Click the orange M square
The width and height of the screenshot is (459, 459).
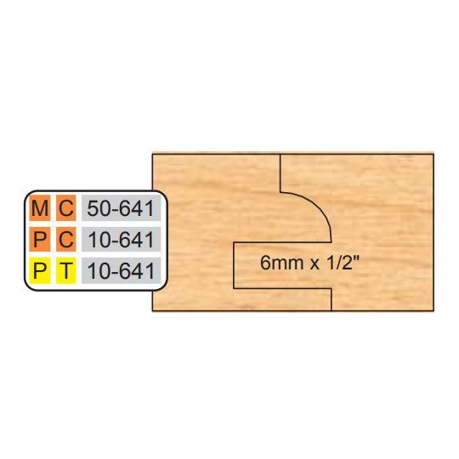[x=40, y=208]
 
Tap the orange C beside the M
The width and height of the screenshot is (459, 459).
[x=66, y=208]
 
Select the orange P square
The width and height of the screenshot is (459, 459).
[x=40, y=239]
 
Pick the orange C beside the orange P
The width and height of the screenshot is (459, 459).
[x=66, y=239]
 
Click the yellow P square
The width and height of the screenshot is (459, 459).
[x=40, y=270]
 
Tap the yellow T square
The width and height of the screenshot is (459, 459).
[x=66, y=270]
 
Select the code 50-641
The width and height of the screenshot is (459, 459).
[x=121, y=208]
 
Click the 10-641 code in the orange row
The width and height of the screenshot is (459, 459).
[x=121, y=240]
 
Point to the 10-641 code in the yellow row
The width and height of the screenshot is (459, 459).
[x=121, y=271]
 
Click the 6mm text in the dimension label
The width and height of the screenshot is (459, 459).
[x=281, y=263]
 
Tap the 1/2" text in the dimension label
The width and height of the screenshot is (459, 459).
[x=343, y=262]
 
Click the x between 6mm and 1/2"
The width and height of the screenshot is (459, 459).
[x=314, y=264]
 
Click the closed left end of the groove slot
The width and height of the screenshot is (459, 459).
[x=234, y=265]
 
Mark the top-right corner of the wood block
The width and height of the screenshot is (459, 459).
[x=433, y=154]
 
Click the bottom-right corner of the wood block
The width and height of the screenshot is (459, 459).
[x=433, y=310]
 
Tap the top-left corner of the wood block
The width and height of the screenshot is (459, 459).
[x=152, y=154]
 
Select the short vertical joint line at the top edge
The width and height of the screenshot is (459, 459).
[x=280, y=173]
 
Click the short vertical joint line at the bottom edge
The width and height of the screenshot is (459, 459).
[x=331, y=299]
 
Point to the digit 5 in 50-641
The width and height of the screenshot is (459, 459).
[x=93, y=208]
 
